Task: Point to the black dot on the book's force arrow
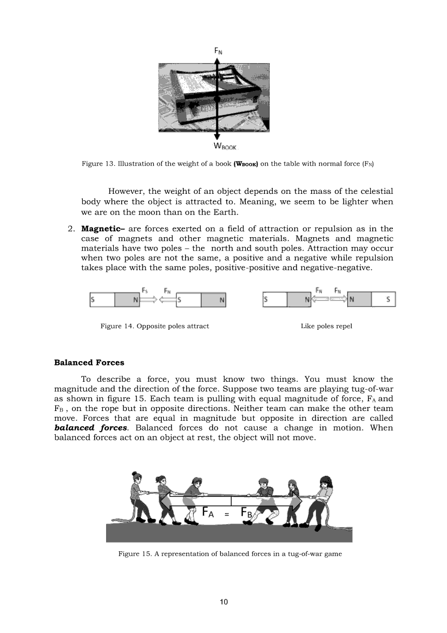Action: [x=216, y=100]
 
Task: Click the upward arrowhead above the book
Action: [x=216, y=61]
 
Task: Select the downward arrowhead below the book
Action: [x=216, y=138]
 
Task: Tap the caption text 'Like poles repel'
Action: [x=326, y=326]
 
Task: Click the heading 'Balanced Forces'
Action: [x=89, y=362]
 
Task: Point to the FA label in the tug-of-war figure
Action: [x=211, y=512]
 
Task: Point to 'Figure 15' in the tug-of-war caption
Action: [x=133, y=554]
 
